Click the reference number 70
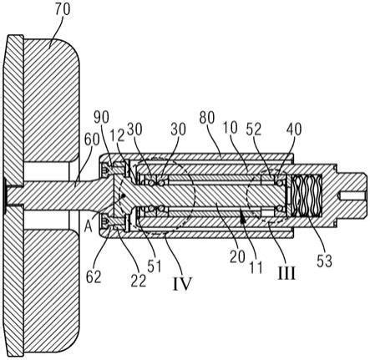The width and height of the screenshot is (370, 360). point(63,10)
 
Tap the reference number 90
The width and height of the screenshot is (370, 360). point(101,118)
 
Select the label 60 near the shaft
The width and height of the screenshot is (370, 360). point(92,139)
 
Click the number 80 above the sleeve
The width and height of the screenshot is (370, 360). point(207,118)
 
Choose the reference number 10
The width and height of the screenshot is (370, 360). point(231,128)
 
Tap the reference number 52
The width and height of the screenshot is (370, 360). point(254,129)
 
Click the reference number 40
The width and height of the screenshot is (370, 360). point(294,129)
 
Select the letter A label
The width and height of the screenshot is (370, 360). point(88,227)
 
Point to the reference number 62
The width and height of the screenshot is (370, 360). point(94,276)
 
